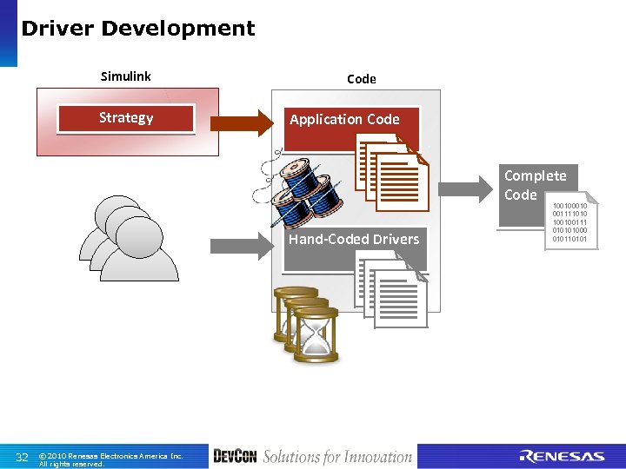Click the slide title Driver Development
click(137, 29)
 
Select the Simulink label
click(125, 76)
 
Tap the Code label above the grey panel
click(361, 79)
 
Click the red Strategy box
click(126, 118)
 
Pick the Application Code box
click(344, 120)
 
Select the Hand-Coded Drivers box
click(353, 239)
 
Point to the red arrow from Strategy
click(241, 122)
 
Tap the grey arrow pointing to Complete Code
click(469, 186)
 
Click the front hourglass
click(316, 340)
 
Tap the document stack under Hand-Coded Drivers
click(392, 292)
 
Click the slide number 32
click(23, 457)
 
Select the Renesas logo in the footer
click(562, 457)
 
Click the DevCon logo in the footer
click(235, 457)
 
